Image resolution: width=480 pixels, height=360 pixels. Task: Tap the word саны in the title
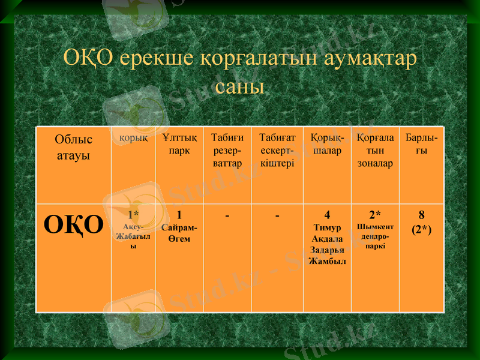click(x=239, y=86)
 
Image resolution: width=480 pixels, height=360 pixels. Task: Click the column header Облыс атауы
click(x=73, y=147)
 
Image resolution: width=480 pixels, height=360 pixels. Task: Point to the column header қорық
click(x=133, y=138)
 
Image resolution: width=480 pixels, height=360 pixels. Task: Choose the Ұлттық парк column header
click(x=179, y=144)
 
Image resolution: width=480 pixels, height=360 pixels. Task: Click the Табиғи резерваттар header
click(x=227, y=150)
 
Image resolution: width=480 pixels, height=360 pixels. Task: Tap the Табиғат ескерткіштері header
click(x=277, y=150)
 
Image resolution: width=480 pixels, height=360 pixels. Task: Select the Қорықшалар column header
click(x=327, y=144)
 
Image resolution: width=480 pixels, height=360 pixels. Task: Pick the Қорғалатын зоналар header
click(x=375, y=150)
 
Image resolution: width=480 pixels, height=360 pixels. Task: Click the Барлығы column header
click(x=421, y=144)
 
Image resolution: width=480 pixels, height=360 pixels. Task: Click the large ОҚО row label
click(x=73, y=226)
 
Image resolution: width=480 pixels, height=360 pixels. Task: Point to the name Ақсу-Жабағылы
click(x=133, y=236)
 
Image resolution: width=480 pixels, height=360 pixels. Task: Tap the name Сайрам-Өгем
click(x=179, y=233)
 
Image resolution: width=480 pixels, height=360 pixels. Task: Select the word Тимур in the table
click(x=327, y=228)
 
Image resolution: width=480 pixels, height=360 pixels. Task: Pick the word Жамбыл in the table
click(x=327, y=261)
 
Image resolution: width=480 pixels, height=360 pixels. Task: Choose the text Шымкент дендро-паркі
click(x=375, y=236)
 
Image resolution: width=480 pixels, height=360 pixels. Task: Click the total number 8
click(x=421, y=215)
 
